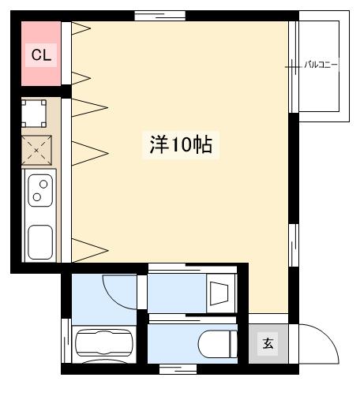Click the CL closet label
(x=41, y=55)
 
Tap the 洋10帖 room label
(x=181, y=144)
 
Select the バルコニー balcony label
(x=321, y=65)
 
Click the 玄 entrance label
(x=268, y=343)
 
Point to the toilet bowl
(x=218, y=345)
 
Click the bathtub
(x=104, y=343)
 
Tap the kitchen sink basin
(x=40, y=242)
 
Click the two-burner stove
(x=40, y=190)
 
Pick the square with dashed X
(x=36, y=150)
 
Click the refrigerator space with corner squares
(x=34, y=114)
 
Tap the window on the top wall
(x=160, y=16)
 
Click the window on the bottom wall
(x=178, y=369)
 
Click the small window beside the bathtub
(x=66, y=341)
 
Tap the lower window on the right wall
(x=294, y=245)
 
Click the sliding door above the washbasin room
(x=193, y=268)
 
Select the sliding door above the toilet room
(x=193, y=319)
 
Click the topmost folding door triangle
(x=81, y=28)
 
